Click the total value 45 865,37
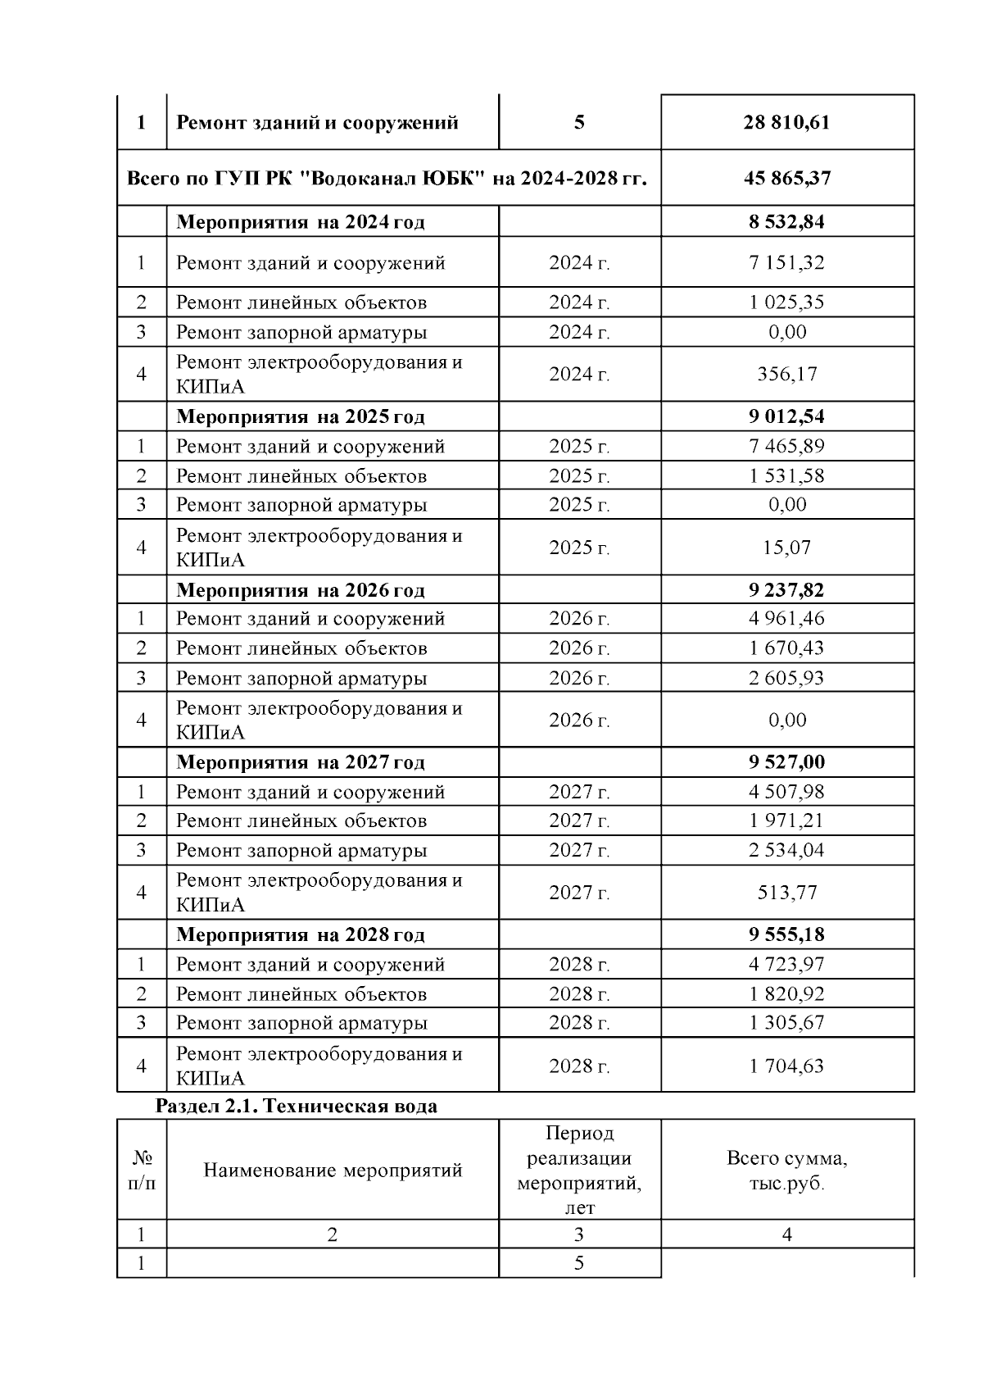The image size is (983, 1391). tap(786, 178)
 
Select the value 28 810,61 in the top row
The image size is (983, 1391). tap(786, 123)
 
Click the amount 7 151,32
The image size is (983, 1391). tap(786, 263)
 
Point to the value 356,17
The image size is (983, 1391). tap(786, 375)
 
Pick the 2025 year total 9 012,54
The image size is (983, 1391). tap(786, 416)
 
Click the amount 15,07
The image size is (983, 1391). tap(786, 548)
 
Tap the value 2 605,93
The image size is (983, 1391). tap(786, 679)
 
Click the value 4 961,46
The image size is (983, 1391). tap(786, 619)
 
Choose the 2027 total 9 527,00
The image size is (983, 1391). tap(786, 762)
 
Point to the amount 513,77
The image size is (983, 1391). tap(786, 893)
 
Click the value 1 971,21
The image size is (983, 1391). tap(786, 821)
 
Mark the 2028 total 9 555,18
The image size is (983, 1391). tap(786, 935)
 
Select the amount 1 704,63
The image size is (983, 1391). tap(786, 1066)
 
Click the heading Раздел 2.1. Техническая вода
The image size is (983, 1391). tap(297, 1107)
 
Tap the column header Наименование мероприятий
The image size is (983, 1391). tap(333, 1171)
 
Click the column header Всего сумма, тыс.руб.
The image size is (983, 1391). tap(786, 1171)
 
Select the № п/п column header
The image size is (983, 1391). tap(142, 1171)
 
